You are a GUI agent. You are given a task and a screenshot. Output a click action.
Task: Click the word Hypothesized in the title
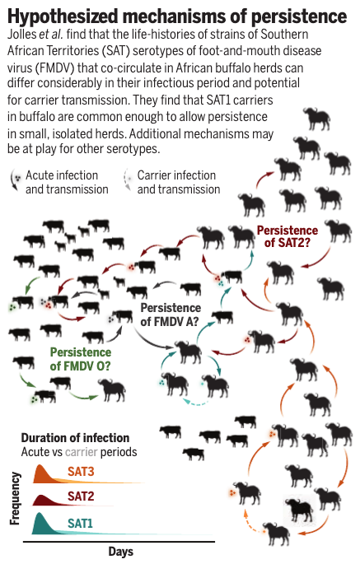tap(63, 16)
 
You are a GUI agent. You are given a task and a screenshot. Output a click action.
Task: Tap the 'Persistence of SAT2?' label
tap(288, 236)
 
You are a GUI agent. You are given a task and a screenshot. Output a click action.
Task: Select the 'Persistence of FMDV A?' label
tap(171, 315)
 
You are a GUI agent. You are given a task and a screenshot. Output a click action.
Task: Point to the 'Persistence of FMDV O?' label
tap(81, 359)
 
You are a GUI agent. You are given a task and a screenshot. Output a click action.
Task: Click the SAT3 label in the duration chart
tap(81, 471)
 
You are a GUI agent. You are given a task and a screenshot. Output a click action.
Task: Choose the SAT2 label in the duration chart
tap(81, 496)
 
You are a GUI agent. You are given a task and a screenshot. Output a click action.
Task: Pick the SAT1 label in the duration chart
tap(80, 524)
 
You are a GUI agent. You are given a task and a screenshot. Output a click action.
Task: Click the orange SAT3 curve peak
tap(40, 466)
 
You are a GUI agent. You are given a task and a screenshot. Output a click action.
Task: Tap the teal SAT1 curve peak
tap(39, 514)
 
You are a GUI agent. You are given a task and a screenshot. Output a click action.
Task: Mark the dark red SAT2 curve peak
tap(40, 496)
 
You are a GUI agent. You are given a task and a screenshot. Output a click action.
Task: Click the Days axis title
tap(120, 552)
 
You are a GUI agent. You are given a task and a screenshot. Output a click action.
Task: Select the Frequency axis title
tap(15, 498)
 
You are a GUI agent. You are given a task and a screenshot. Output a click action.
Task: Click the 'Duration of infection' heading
tap(75, 438)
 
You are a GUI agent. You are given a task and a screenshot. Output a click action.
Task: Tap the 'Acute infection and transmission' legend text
tap(67, 182)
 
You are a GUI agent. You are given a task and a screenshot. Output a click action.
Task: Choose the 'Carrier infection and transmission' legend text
tap(179, 182)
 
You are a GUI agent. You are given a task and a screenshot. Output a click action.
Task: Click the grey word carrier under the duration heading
tap(81, 452)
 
